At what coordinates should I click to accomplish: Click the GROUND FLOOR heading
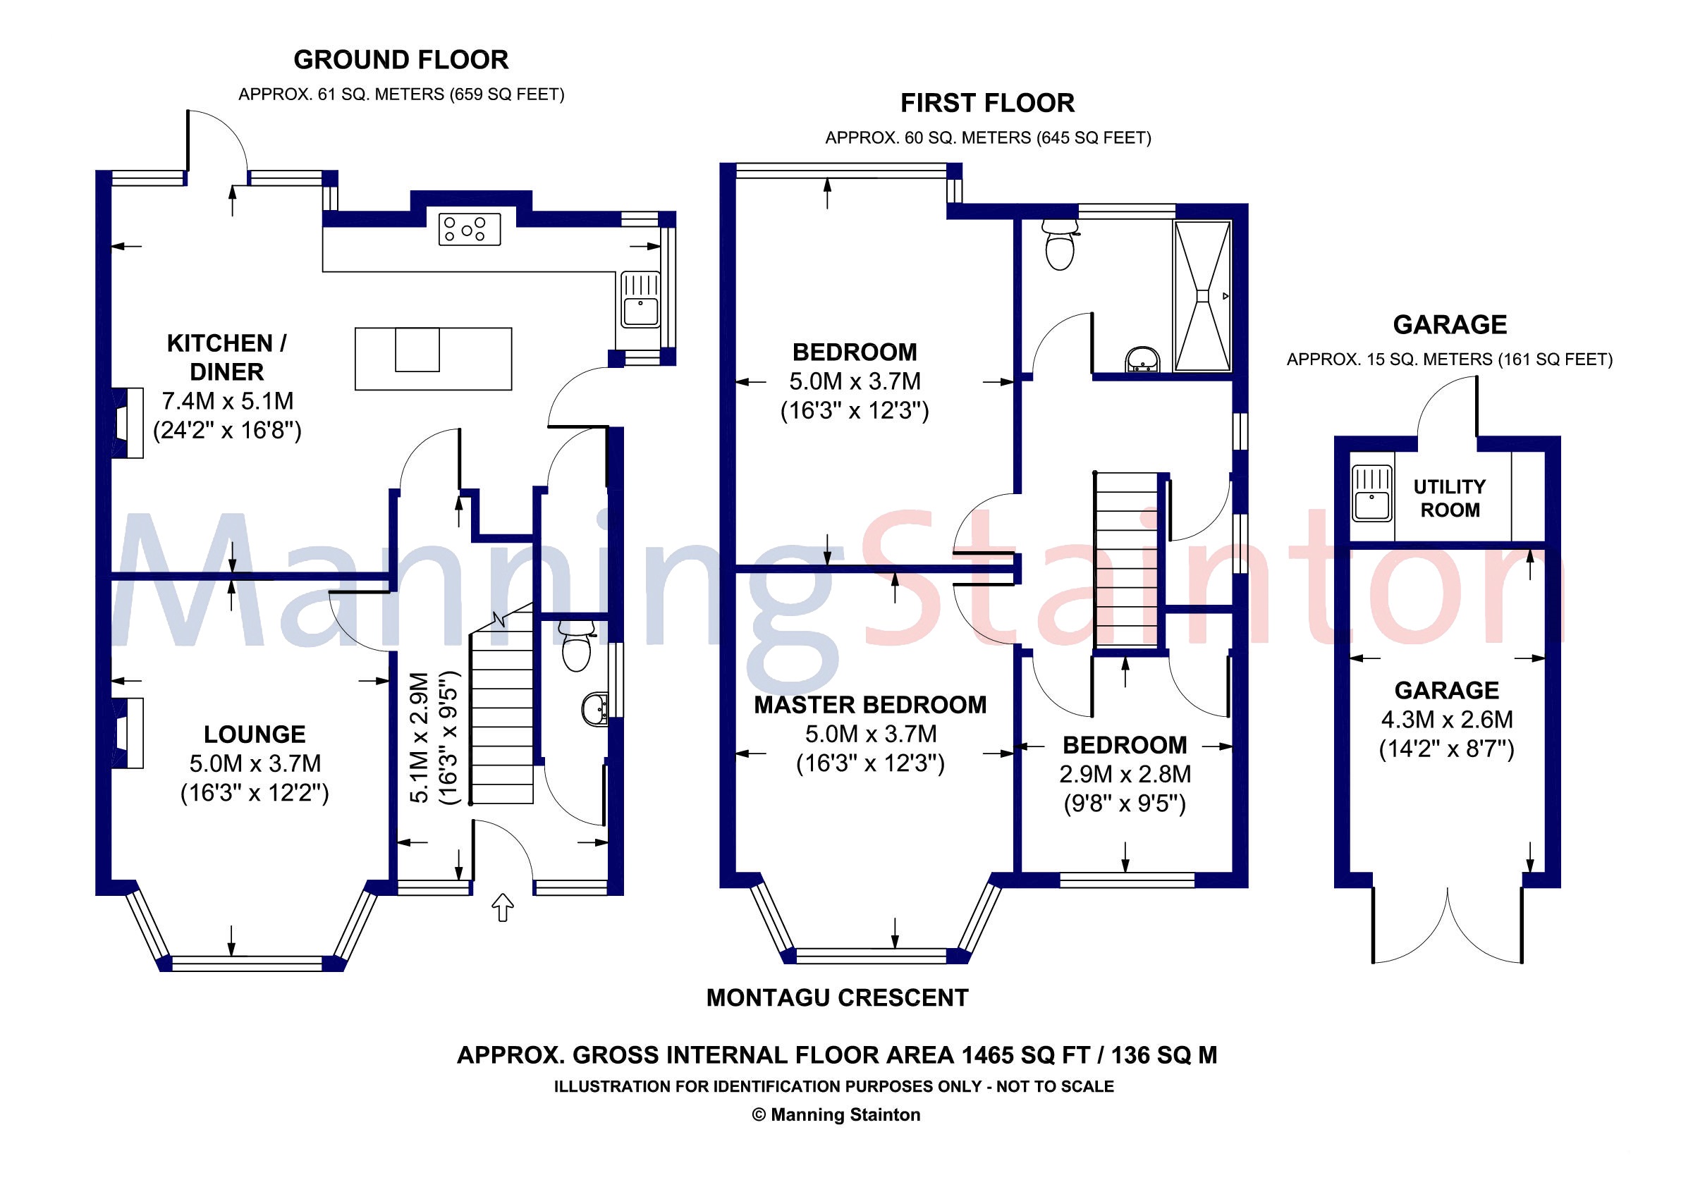[x=401, y=60]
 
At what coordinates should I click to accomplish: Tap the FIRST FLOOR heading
[x=987, y=103]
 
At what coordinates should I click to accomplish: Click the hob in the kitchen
[x=470, y=229]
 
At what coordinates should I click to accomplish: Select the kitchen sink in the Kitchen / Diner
[x=640, y=300]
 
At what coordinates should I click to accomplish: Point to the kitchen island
[x=433, y=358]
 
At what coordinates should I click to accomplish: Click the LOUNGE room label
[x=254, y=734]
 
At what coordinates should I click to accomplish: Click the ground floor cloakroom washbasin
[x=594, y=708]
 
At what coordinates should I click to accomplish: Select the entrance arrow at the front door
[x=502, y=907]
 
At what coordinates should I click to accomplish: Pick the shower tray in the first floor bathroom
[x=1202, y=296]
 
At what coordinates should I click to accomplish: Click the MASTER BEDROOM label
[x=870, y=705]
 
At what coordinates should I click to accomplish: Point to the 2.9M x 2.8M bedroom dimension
[x=1125, y=774]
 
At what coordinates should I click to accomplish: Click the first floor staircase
[x=1125, y=560]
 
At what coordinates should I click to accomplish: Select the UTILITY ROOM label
[x=1449, y=498]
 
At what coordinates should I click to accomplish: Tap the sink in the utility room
[x=1371, y=494]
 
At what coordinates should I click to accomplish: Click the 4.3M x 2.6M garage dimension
[x=1447, y=720]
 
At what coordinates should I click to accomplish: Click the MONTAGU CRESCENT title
[x=837, y=997]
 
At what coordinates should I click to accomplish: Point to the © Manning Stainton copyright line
[x=836, y=1114]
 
